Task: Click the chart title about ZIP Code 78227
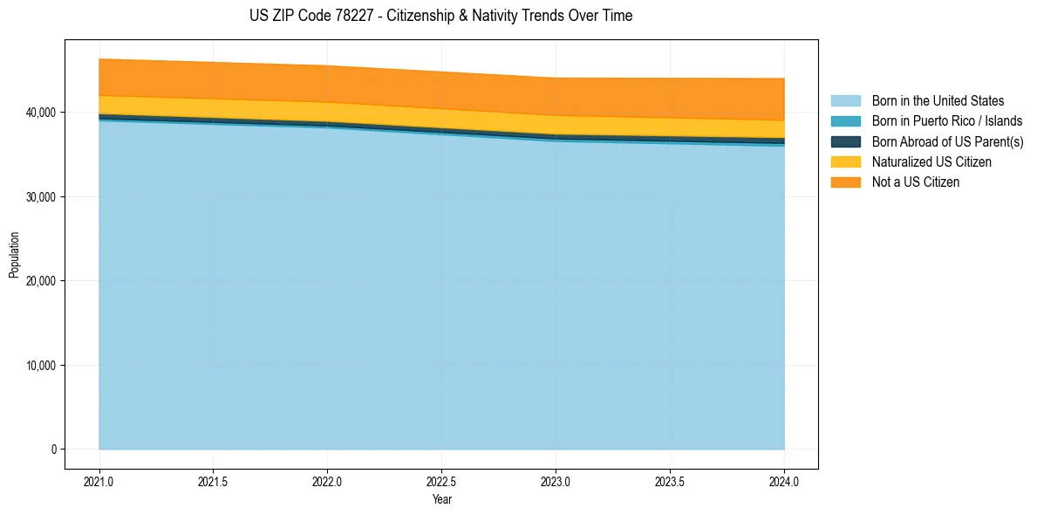(440, 16)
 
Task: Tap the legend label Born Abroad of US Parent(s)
(947, 141)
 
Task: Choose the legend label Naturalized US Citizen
(931, 162)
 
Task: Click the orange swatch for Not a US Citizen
(845, 182)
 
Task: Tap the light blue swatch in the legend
(845, 101)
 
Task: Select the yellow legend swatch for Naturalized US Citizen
(845, 162)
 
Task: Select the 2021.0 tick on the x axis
(99, 481)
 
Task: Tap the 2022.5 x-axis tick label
(442, 481)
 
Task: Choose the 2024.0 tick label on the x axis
(784, 481)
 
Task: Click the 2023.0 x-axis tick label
(556, 481)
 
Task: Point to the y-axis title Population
(14, 255)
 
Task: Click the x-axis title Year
(442, 499)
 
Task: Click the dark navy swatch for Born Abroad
(845, 141)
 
